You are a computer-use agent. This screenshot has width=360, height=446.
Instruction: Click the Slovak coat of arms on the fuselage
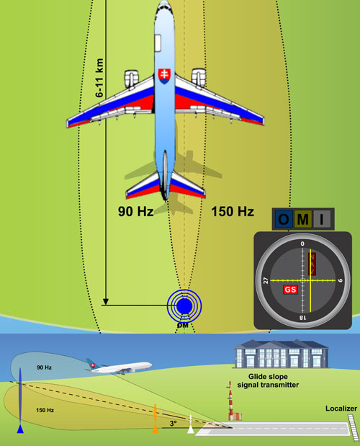click(x=164, y=76)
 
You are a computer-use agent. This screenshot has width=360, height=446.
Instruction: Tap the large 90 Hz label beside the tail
click(x=136, y=211)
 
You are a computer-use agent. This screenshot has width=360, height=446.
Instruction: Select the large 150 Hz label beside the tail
click(x=233, y=211)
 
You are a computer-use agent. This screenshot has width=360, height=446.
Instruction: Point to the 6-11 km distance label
click(x=99, y=78)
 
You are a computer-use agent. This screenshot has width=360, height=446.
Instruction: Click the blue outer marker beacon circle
click(x=184, y=306)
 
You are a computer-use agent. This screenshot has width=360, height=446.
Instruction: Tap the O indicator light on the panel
click(x=284, y=219)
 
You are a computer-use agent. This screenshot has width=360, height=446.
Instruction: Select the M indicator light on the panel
click(x=303, y=219)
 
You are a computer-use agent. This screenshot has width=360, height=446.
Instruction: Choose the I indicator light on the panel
click(x=322, y=219)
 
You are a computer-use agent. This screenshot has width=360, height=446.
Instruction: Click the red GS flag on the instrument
click(x=290, y=290)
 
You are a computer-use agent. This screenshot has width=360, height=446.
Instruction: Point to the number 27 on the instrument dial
click(x=266, y=281)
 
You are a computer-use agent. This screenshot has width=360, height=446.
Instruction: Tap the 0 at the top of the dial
click(x=302, y=244)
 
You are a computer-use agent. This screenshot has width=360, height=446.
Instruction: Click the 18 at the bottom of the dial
click(x=302, y=318)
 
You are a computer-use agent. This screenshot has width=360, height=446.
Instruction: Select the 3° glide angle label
click(x=174, y=423)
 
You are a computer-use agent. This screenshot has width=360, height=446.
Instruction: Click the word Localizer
click(x=341, y=409)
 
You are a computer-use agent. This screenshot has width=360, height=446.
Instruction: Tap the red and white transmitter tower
click(x=230, y=401)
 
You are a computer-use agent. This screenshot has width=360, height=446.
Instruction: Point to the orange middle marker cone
click(x=155, y=419)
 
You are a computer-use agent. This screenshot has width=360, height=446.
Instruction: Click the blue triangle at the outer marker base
click(x=20, y=429)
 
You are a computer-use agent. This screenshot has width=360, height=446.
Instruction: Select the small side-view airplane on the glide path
click(x=119, y=366)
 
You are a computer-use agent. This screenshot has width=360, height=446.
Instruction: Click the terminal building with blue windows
click(x=281, y=354)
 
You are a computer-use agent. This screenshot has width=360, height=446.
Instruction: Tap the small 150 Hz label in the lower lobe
click(x=45, y=410)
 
